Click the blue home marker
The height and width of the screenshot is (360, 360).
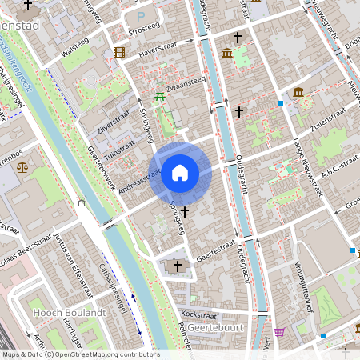click(x=180, y=172)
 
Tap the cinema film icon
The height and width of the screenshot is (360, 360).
click(x=119, y=53)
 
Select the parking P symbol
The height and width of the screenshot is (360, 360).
click(x=142, y=15)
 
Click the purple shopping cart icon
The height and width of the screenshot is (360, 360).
click(x=279, y=331)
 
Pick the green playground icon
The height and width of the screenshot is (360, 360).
click(x=160, y=97)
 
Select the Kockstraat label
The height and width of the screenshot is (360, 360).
click(x=199, y=314)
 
